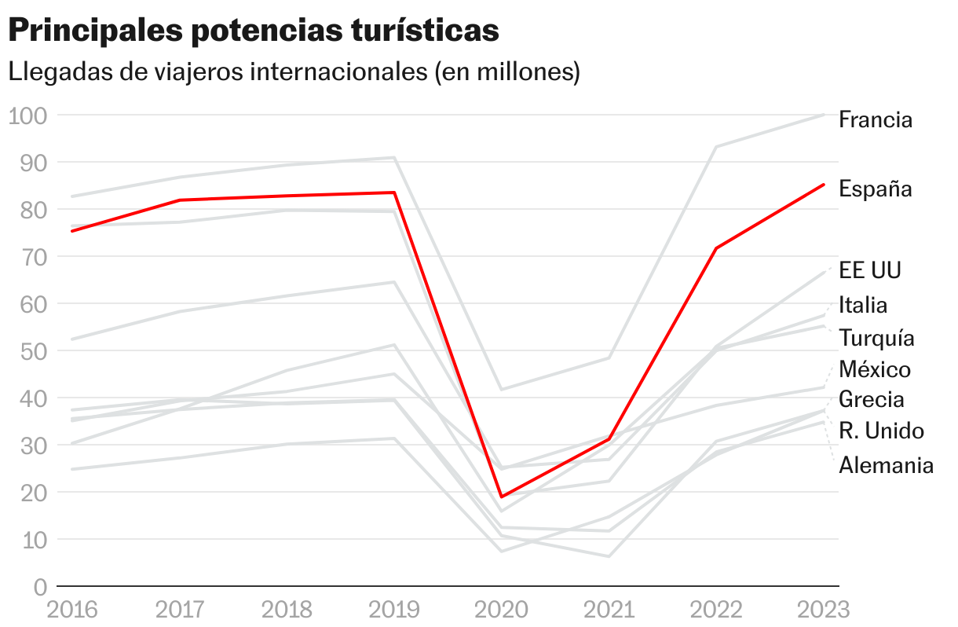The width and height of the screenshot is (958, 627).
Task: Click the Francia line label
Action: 875,120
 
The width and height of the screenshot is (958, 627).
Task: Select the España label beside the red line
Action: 875,189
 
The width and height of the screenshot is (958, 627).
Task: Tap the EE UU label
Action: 869,271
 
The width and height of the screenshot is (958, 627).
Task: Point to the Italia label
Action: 862,305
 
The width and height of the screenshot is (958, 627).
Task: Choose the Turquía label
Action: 876,339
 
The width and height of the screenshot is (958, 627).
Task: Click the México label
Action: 875,369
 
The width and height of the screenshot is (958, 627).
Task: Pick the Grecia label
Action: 871,400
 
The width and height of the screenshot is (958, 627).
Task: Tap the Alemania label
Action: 886,465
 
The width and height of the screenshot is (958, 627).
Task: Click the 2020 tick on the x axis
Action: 502,610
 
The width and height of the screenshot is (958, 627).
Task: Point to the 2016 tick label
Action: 72,610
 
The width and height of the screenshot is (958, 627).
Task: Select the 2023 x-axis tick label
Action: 823,610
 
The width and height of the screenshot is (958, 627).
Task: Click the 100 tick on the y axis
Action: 28,115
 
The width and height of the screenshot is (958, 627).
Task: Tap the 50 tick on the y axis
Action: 34,351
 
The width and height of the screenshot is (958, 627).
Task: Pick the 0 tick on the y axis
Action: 40,587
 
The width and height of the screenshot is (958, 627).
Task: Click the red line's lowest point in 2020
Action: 502,497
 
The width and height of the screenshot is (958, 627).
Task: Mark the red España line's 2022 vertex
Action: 716,248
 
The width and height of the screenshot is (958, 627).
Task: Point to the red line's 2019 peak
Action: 394,192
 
